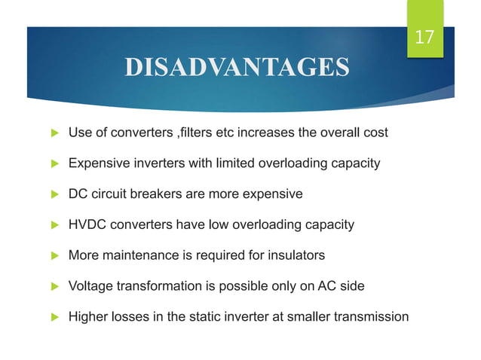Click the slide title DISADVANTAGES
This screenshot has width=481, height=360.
coord(236,68)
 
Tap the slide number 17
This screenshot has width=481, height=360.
coord(425,37)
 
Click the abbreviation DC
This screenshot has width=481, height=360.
coord(78,194)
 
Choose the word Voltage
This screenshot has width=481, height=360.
coord(90,286)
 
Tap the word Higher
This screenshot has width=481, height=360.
coord(88,316)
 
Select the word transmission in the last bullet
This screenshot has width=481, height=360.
coord(369,316)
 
